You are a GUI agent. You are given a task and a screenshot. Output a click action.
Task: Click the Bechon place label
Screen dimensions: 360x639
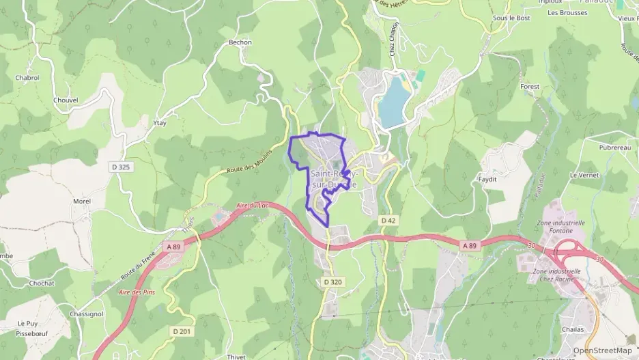click(x=240, y=42)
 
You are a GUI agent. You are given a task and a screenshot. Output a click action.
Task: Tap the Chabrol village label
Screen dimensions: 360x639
click(x=27, y=78)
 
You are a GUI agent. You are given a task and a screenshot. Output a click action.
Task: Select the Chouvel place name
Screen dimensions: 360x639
click(x=66, y=100)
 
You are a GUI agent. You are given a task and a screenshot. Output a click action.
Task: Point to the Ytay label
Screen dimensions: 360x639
click(x=160, y=123)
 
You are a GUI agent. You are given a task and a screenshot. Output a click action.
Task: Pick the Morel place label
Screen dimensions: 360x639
click(x=82, y=202)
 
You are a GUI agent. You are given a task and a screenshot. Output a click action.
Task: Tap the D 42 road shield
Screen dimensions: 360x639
click(x=388, y=220)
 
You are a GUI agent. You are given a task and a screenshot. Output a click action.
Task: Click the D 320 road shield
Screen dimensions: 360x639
click(x=332, y=281)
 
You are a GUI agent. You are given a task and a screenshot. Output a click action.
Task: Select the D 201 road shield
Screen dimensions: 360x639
click(x=182, y=331)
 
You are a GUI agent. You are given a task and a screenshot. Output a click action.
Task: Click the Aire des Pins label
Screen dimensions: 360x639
click(x=134, y=292)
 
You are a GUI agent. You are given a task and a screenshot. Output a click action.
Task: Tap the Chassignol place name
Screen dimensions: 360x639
click(x=86, y=314)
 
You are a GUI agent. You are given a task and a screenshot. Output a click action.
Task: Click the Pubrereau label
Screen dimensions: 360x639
click(x=595, y=148)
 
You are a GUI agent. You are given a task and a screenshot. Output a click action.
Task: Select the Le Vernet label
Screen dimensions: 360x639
click(x=584, y=175)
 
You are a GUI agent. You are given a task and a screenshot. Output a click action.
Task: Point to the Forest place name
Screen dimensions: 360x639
click(x=530, y=87)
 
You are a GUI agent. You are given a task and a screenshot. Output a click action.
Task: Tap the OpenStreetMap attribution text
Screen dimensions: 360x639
click(x=601, y=350)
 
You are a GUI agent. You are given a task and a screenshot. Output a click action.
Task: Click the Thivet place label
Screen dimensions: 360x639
click(x=237, y=356)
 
